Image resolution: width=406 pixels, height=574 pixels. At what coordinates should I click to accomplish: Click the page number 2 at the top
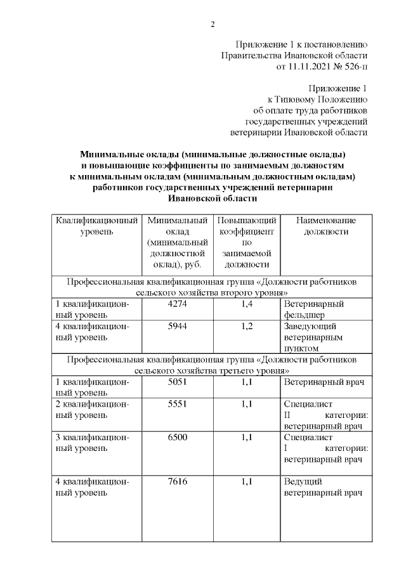pos(213,25)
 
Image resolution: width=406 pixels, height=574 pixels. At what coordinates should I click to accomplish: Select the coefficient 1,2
pos(247,326)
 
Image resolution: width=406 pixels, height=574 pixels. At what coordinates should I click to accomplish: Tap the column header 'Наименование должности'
pos(326,226)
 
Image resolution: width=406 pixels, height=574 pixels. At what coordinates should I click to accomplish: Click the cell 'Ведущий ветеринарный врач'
pos(316,487)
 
